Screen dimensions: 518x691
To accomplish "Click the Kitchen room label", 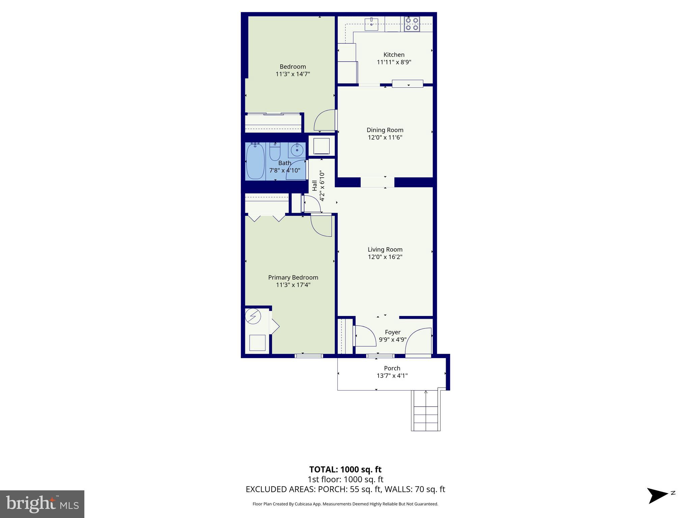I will tap(394, 55).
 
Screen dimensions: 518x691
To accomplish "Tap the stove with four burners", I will tap(412, 24).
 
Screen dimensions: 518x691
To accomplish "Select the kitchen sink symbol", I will tap(371, 24).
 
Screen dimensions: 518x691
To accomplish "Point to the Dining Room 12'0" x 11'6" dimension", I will tap(385, 137).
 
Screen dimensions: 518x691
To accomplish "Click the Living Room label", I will tap(385, 250).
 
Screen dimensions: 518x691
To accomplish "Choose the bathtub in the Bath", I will tap(255, 161).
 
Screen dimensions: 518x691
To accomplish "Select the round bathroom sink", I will tap(297, 150).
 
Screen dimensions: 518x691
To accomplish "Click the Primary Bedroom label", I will tap(293, 278).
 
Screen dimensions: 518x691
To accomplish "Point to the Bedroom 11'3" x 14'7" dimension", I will tap(293, 74).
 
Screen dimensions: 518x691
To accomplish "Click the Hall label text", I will tap(314, 185).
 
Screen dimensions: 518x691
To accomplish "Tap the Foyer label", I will tap(392, 332).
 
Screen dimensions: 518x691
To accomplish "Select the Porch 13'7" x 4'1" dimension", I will tap(392, 376).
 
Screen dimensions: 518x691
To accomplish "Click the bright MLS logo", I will tap(42, 504).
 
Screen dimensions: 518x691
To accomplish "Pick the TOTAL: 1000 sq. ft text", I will tap(345, 469).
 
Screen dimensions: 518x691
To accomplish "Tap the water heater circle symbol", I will tap(253, 316).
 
